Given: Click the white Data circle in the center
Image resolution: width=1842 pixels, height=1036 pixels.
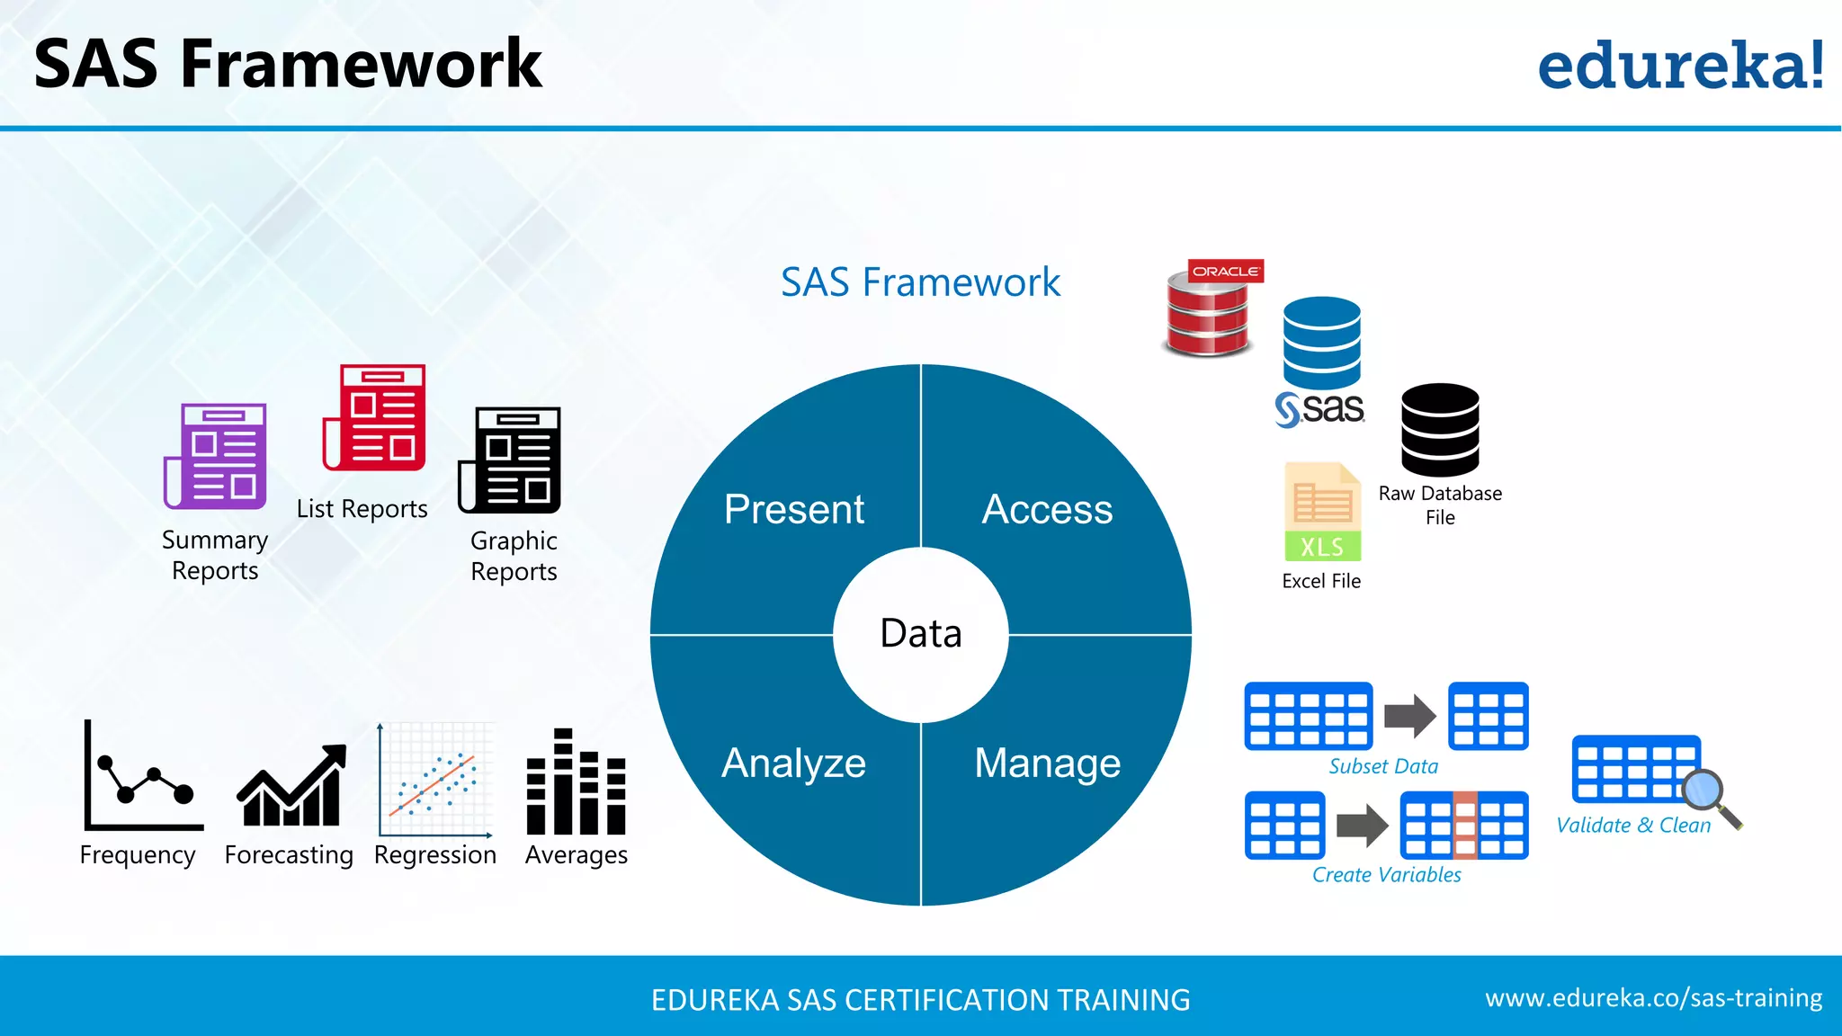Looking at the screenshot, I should point(920,634).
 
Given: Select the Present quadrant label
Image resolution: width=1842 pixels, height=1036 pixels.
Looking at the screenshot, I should point(793,509).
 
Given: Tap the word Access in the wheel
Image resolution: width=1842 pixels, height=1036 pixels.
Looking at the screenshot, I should point(1047,509).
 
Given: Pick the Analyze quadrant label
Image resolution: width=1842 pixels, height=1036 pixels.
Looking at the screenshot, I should point(793,763).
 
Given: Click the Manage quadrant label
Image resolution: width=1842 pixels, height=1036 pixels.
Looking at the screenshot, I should point(1047,763).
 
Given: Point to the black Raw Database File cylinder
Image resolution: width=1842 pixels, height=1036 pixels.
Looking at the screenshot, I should point(1439,430).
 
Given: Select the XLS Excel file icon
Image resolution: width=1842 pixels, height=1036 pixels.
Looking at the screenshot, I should point(1322,513).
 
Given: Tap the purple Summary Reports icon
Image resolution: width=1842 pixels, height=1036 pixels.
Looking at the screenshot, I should point(216,456).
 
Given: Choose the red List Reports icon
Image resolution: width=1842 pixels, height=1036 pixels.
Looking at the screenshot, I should point(375,417).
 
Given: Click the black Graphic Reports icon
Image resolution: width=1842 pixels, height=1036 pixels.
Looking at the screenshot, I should point(510,460).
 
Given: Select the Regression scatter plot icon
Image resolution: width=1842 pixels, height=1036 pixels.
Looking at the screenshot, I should point(435,781).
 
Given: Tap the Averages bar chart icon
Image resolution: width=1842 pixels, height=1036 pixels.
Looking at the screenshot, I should point(576,782).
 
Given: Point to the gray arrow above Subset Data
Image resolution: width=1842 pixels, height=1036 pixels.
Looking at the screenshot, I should point(1409,717).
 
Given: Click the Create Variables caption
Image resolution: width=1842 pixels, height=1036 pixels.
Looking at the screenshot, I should point(1386,874).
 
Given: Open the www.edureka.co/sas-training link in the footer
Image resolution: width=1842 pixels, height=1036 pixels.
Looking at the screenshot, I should point(1653,998).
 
